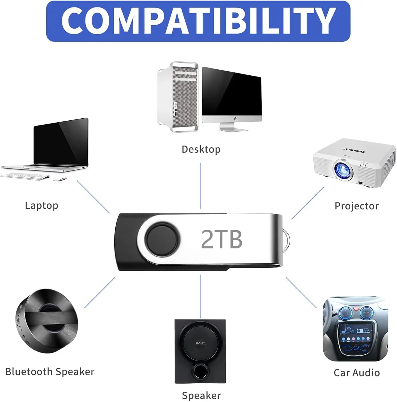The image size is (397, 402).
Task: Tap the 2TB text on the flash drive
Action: point(222,239)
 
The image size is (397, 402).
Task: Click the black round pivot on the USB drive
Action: point(162,240)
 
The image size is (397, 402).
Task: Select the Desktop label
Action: point(201,149)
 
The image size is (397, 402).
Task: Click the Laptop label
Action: point(42,205)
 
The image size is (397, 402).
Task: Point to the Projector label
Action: point(356,206)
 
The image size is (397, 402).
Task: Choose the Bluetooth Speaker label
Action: point(50,372)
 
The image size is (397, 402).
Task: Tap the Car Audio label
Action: point(357,372)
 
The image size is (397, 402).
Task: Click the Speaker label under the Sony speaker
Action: point(201,395)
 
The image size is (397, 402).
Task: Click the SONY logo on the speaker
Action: point(200,343)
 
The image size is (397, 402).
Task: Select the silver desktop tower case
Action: point(178,97)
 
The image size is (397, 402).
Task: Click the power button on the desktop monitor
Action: point(235,118)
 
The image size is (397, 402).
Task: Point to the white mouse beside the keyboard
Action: point(60,179)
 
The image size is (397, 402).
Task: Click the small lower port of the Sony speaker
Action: point(200,372)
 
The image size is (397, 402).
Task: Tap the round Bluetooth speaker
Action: point(47,321)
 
